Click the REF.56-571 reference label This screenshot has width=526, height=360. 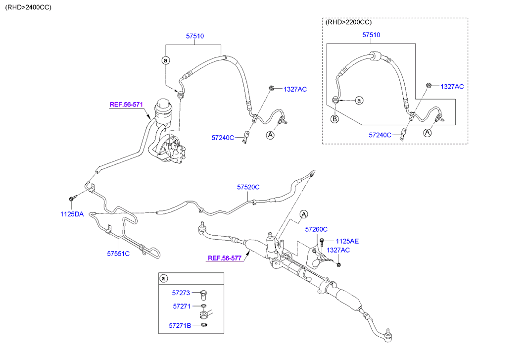tap(126, 104)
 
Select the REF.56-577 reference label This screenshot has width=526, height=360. tap(224, 258)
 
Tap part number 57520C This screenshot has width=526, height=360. tap(248, 187)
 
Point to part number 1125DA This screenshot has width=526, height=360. tap(72, 214)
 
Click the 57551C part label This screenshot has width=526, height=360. tap(118, 254)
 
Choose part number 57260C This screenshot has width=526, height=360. tap(316, 229)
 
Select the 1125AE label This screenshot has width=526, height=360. tap(346, 241)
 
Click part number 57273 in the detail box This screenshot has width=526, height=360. tap(182, 293)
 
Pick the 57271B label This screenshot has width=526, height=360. tap(180, 325)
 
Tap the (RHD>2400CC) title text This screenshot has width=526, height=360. tap(28, 7)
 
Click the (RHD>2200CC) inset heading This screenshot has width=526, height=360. tap(349, 22)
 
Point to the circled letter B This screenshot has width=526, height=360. tap(335, 119)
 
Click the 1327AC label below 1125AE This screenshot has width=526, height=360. tap(338, 250)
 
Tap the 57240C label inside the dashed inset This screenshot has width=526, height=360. tap(380, 135)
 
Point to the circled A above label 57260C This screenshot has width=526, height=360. tap(304, 214)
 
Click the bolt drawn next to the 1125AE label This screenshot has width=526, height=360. tap(322, 242)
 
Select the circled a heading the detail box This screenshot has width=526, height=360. tap(164, 279)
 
